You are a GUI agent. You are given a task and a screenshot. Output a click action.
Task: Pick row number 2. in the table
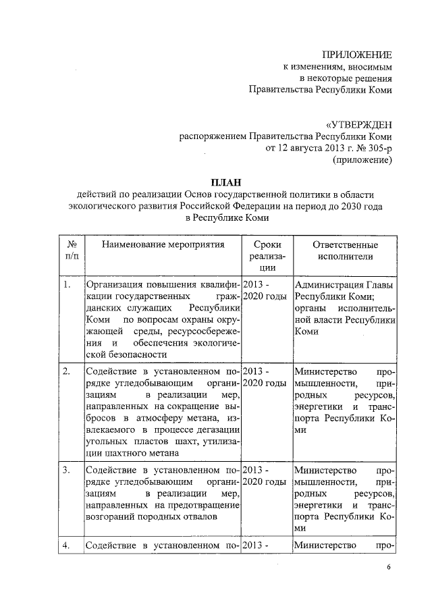point(67,371)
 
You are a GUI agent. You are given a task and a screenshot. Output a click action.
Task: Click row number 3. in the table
point(67,469)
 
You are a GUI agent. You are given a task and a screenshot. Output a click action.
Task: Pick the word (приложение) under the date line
point(362,161)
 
